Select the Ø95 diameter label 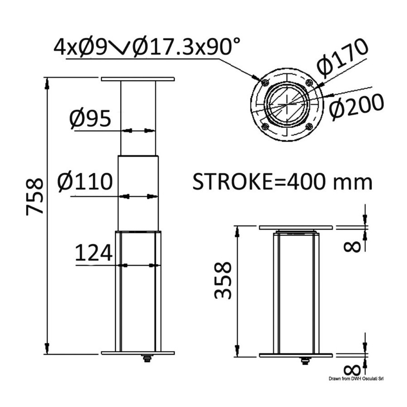pos(90,119)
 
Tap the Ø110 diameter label pos(85,181)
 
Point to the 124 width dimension pos(94,252)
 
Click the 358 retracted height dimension pos(222,280)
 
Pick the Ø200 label pos(357,107)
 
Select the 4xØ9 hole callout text pos(80,47)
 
